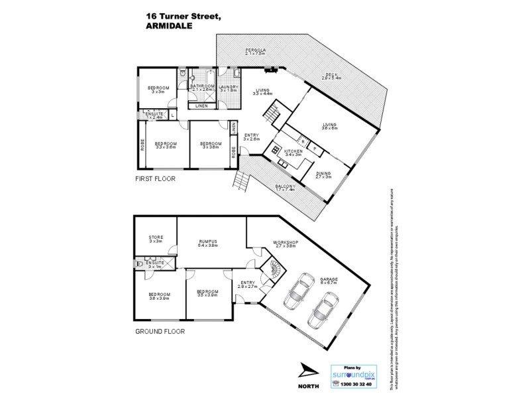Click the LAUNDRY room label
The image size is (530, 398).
[229, 86]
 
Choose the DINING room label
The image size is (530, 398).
[324, 174]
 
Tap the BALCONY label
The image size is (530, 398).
[286, 187]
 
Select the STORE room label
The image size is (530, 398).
[156, 237]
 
